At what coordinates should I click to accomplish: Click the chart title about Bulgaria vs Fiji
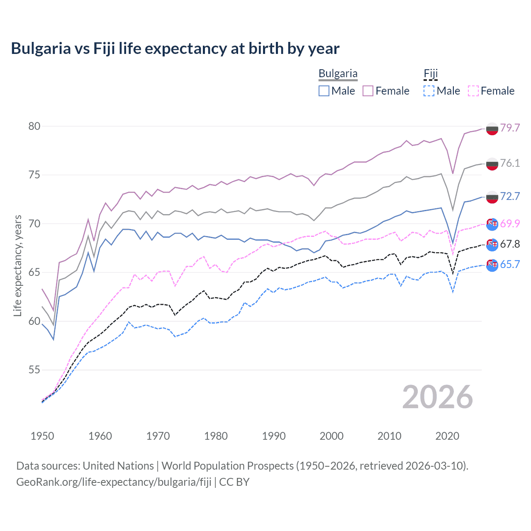coord(175,49)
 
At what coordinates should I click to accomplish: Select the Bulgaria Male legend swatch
coord(324,91)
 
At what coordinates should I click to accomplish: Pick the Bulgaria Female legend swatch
coord(368,91)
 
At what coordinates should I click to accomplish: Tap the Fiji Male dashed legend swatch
coord(429,91)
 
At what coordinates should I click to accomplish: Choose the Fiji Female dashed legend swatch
coord(473,91)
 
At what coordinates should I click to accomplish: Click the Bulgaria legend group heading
coord(338,74)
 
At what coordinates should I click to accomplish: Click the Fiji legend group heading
coord(431,74)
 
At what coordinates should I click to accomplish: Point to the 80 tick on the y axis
coord(34,126)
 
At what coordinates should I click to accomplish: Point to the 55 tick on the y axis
coord(34,370)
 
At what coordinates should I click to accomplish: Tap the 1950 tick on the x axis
coord(42,436)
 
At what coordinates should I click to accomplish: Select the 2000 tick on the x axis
coord(331,436)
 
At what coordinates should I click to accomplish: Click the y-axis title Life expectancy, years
coord(17,265)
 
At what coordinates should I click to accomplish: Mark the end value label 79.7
coord(510,128)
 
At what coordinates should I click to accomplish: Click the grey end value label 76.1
coord(510,163)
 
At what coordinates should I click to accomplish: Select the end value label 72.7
coord(510,196)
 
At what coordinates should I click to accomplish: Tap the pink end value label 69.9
coord(510,224)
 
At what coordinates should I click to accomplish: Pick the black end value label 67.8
coord(510,244)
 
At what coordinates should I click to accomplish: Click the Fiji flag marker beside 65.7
coord(492,265)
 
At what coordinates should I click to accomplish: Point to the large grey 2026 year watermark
coord(437,397)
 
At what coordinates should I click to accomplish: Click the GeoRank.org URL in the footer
coord(114,482)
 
